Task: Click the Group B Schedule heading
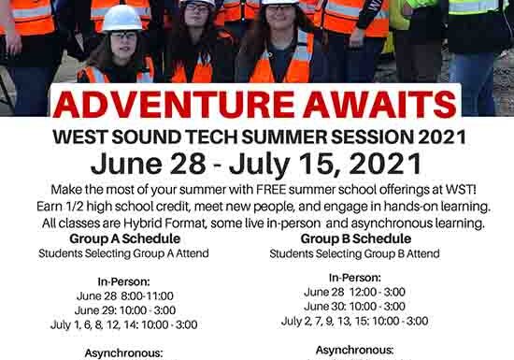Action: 354,238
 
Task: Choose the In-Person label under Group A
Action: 122,280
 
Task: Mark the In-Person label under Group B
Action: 354,277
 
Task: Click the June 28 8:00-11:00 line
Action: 122,295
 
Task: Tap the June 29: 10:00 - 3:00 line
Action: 122,310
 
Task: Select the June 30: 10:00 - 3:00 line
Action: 354,306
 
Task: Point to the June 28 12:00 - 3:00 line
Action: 354,292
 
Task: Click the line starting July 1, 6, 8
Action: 122,324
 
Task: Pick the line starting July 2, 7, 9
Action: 354,321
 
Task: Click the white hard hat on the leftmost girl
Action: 121,18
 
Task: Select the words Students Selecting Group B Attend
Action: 354,253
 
